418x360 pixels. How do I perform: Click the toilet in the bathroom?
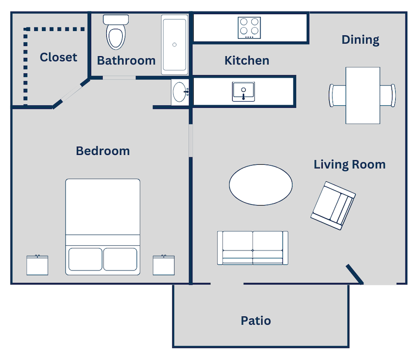[x=116, y=32]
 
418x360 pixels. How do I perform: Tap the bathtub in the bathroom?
[x=175, y=45]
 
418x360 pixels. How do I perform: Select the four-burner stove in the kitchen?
[x=249, y=28]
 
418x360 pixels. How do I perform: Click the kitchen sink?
[x=243, y=91]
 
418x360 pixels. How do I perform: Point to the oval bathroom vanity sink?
[x=180, y=92]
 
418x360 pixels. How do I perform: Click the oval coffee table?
[x=261, y=185]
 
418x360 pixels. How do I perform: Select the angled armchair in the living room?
[x=333, y=206]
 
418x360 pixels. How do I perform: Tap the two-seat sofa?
[x=253, y=248]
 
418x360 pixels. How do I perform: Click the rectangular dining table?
[x=363, y=95]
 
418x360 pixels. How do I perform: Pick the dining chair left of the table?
[x=338, y=95]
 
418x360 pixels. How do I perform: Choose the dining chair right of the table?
[x=388, y=95]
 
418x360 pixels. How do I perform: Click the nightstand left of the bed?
[x=37, y=265]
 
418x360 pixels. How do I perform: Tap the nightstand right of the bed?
[x=163, y=265]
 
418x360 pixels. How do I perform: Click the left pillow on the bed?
[x=85, y=259]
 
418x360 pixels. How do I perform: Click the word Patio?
[x=256, y=321]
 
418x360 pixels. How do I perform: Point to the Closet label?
[x=59, y=57]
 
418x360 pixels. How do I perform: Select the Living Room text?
[x=349, y=165]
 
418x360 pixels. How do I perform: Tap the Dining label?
[x=360, y=40]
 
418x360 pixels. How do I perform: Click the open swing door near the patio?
[x=354, y=274]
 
